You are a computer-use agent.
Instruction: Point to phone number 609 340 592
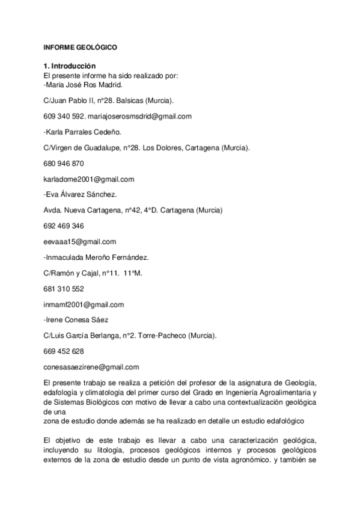tap(63, 116)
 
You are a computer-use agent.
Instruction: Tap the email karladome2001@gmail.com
tap(88, 179)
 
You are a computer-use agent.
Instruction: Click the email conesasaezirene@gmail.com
tap(91, 367)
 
